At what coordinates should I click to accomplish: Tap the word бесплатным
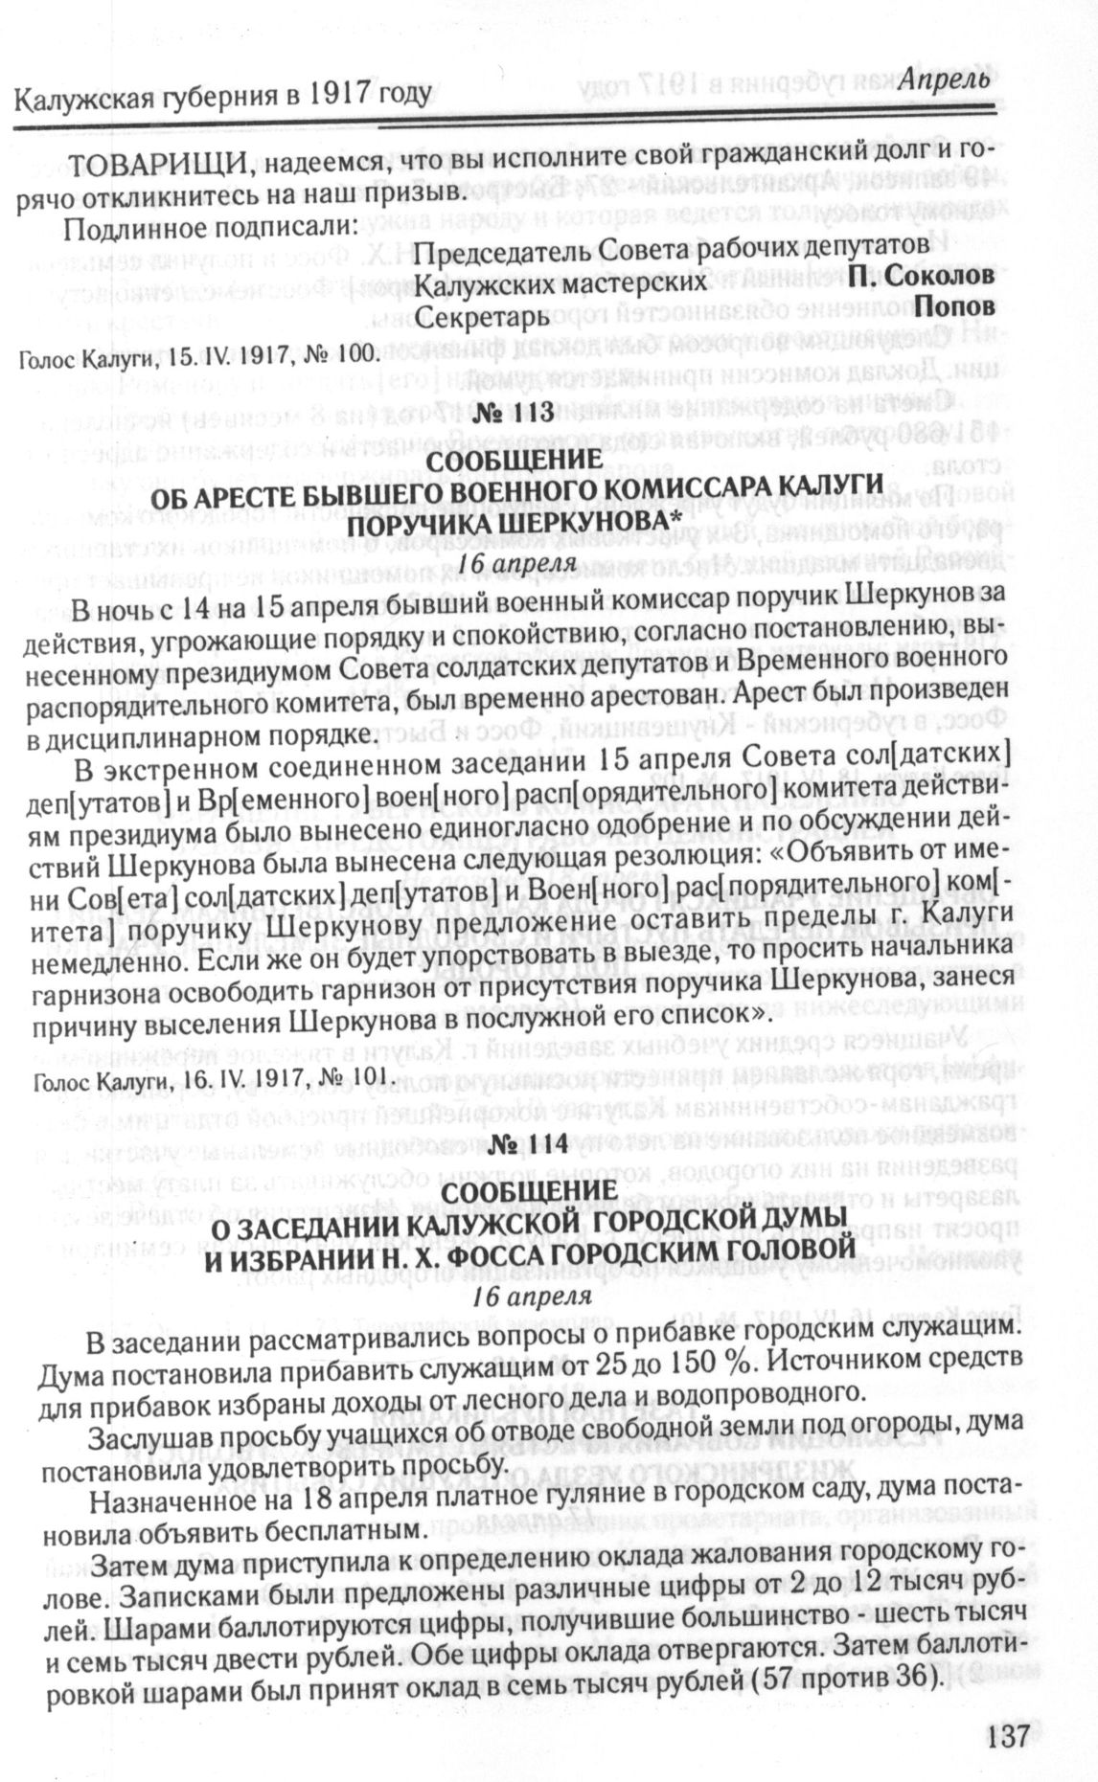(x=326, y=1530)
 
